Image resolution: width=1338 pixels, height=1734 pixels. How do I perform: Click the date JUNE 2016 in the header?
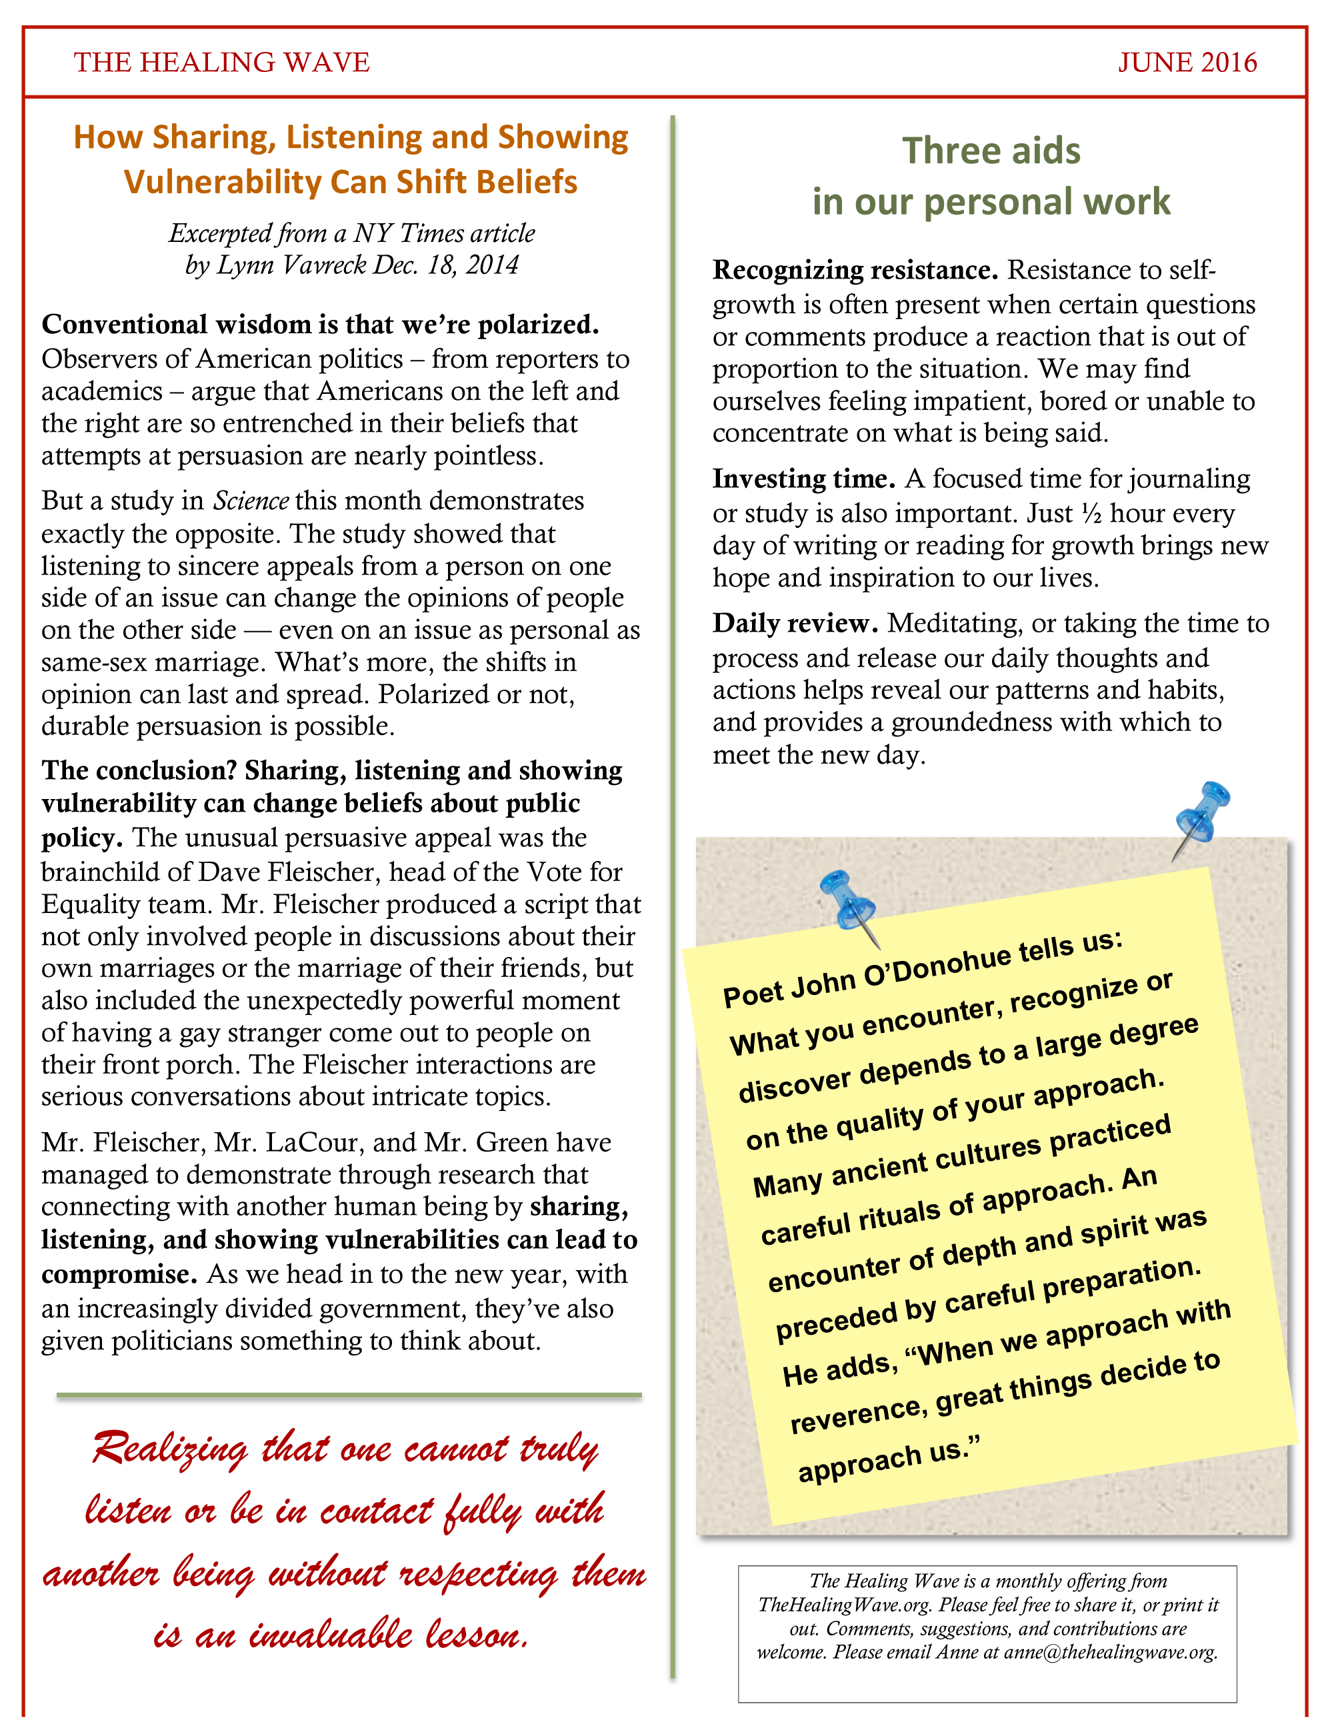(x=1187, y=63)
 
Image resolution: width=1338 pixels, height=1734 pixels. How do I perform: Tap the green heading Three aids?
(x=991, y=151)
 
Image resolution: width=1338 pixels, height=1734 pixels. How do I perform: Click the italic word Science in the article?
(x=251, y=501)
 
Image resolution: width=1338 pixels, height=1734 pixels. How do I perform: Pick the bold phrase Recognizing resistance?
(x=855, y=271)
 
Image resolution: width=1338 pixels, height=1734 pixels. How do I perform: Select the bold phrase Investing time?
(x=803, y=478)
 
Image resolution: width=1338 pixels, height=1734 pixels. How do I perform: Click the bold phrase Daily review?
(x=795, y=624)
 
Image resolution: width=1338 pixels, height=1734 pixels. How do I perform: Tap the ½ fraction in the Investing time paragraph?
(x=1091, y=513)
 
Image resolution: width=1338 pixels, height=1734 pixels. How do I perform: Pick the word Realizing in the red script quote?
(x=170, y=1449)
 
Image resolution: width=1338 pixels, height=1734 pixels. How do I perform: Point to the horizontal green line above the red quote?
(x=349, y=1394)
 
